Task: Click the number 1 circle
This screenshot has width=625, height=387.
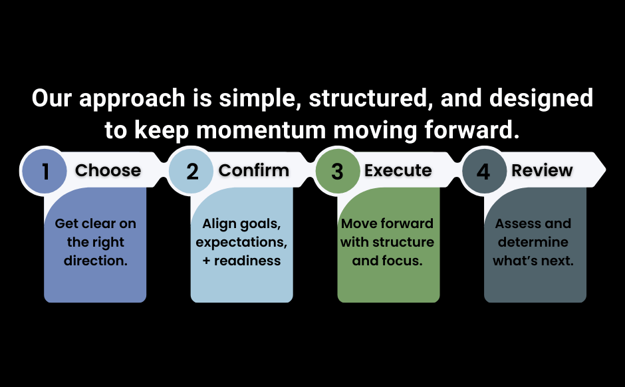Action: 45,172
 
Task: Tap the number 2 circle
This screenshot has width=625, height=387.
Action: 191,172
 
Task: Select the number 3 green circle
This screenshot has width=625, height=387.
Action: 337,172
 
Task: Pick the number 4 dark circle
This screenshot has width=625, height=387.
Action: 483,172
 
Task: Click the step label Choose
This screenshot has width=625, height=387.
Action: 108,171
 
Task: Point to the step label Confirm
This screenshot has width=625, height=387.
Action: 254,171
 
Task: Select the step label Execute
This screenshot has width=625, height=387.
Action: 398,171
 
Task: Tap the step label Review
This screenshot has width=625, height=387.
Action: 542,171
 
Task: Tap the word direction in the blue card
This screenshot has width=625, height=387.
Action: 95,261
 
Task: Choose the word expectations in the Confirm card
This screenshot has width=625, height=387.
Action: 241,242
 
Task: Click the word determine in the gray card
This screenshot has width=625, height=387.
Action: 533,242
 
